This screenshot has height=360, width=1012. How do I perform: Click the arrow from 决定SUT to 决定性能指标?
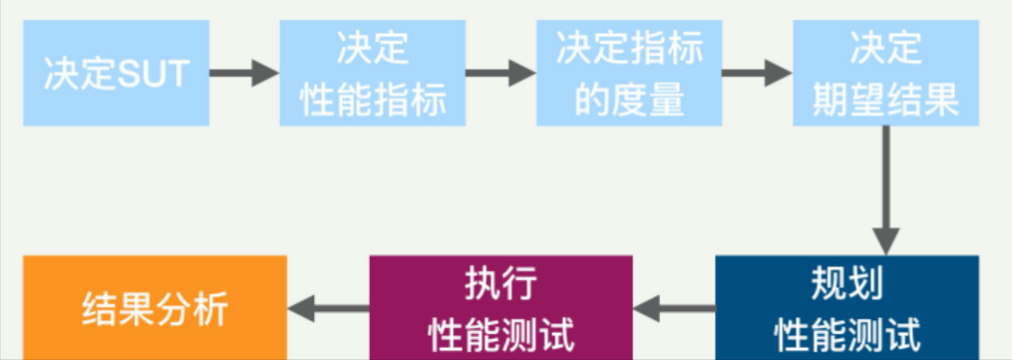coord(244,73)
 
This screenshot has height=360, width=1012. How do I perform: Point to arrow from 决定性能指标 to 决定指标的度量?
coord(501,73)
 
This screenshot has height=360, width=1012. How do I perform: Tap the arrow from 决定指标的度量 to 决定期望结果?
coord(757,73)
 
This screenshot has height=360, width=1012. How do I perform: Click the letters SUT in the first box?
coord(154,74)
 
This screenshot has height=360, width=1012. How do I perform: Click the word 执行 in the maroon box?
coord(502,285)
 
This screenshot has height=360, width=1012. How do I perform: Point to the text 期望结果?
coord(885,100)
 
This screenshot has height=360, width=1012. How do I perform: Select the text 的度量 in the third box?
coord(630,100)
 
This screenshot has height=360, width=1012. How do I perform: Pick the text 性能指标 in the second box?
coord(373,100)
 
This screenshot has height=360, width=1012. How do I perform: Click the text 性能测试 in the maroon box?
coord(502,331)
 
